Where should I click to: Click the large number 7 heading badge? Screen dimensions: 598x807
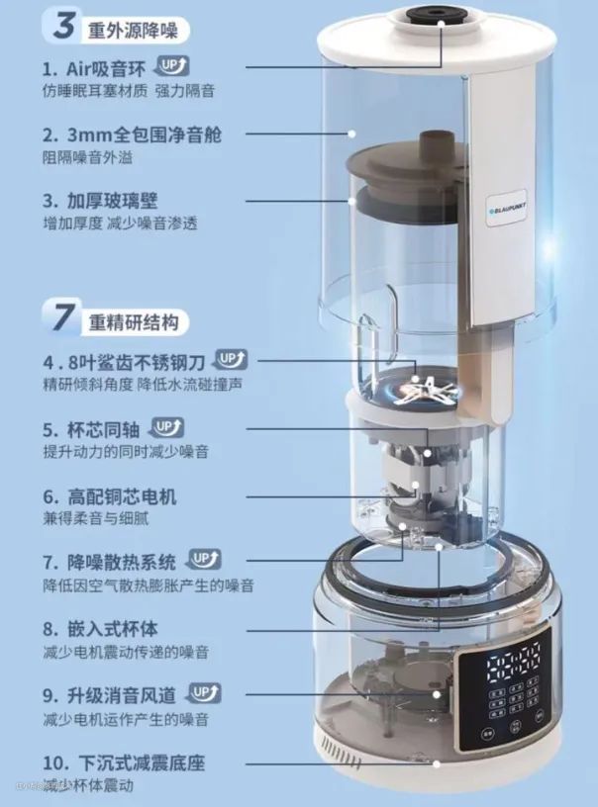(62, 316)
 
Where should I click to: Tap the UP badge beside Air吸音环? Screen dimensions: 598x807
(172, 66)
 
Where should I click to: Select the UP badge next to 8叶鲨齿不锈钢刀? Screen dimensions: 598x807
(232, 360)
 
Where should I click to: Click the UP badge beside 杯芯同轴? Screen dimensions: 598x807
(166, 427)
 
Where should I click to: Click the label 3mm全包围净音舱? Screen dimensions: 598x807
(132, 134)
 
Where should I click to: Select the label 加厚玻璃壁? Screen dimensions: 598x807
(100, 201)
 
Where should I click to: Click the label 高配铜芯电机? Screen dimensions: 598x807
(110, 496)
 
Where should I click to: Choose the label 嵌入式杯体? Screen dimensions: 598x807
(100, 629)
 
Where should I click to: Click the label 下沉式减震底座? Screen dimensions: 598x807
(124, 762)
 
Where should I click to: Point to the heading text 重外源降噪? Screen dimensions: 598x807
(133, 31)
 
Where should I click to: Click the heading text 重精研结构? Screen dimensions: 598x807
(134, 322)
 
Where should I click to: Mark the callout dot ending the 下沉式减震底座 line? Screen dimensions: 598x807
(437, 764)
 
